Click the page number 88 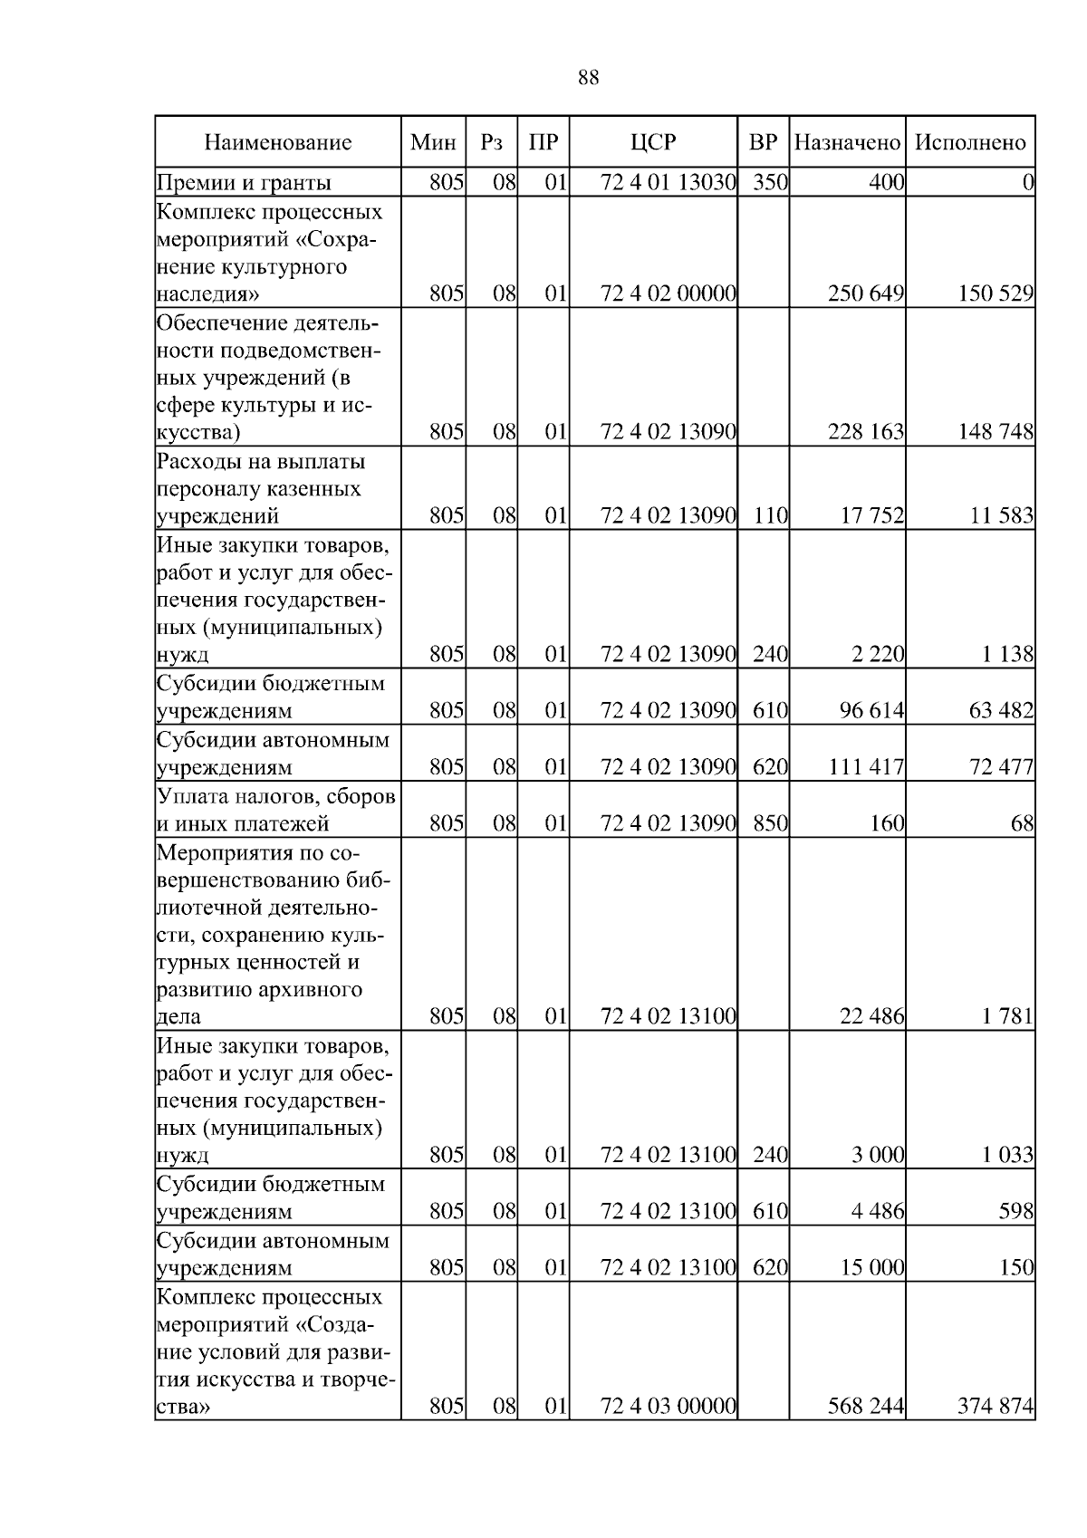tap(588, 78)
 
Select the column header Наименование tap(277, 142)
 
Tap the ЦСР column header tap(653, 142)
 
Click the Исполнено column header tap(970, 142)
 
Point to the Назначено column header tap(847, 142)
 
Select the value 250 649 tap(866, 293)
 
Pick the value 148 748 tap(996, 432)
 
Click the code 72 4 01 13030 tap(668, 183)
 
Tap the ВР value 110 tap(770, 516)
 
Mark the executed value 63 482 tap(1001, 710)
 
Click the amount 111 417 tap(866, 767)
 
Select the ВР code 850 tap(770, 823)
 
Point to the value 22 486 tap(872, 1017)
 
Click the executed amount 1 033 tap(1007, 1155)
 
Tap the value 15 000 tap(872, 1267)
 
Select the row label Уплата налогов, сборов tap(276, 796)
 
